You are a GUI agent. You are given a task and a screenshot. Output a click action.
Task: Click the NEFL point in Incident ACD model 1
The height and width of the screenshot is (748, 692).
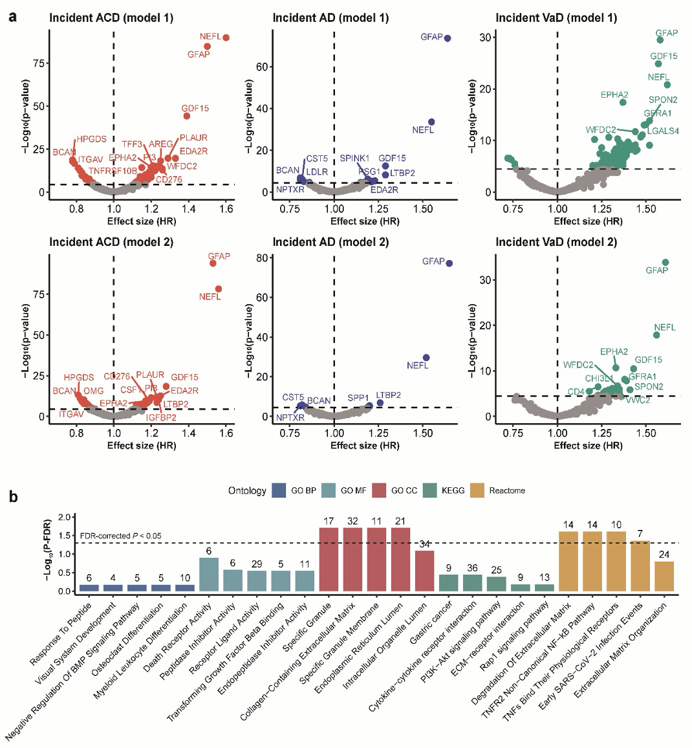pos(226,38)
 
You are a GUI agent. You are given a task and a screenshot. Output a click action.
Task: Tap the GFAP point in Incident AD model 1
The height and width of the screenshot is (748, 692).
pos(447,38)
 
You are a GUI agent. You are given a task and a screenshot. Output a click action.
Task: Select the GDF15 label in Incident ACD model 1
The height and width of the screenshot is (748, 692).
pos(195,108)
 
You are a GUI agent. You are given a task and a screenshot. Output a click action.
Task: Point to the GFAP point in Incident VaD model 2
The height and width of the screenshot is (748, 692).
pos(665,263)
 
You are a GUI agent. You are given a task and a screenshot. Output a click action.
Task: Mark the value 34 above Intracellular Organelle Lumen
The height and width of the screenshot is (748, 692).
pos(424,544)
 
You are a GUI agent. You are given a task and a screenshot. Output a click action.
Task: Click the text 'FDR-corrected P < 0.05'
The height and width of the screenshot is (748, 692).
pos(120,536)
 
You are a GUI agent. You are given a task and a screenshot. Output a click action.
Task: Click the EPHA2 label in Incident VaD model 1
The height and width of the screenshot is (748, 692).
pos(614,95)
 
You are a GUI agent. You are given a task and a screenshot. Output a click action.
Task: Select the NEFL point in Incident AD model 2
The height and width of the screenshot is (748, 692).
pos(426,358)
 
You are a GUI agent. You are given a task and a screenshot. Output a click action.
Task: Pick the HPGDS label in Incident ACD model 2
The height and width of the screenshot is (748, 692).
pos(79,377)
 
